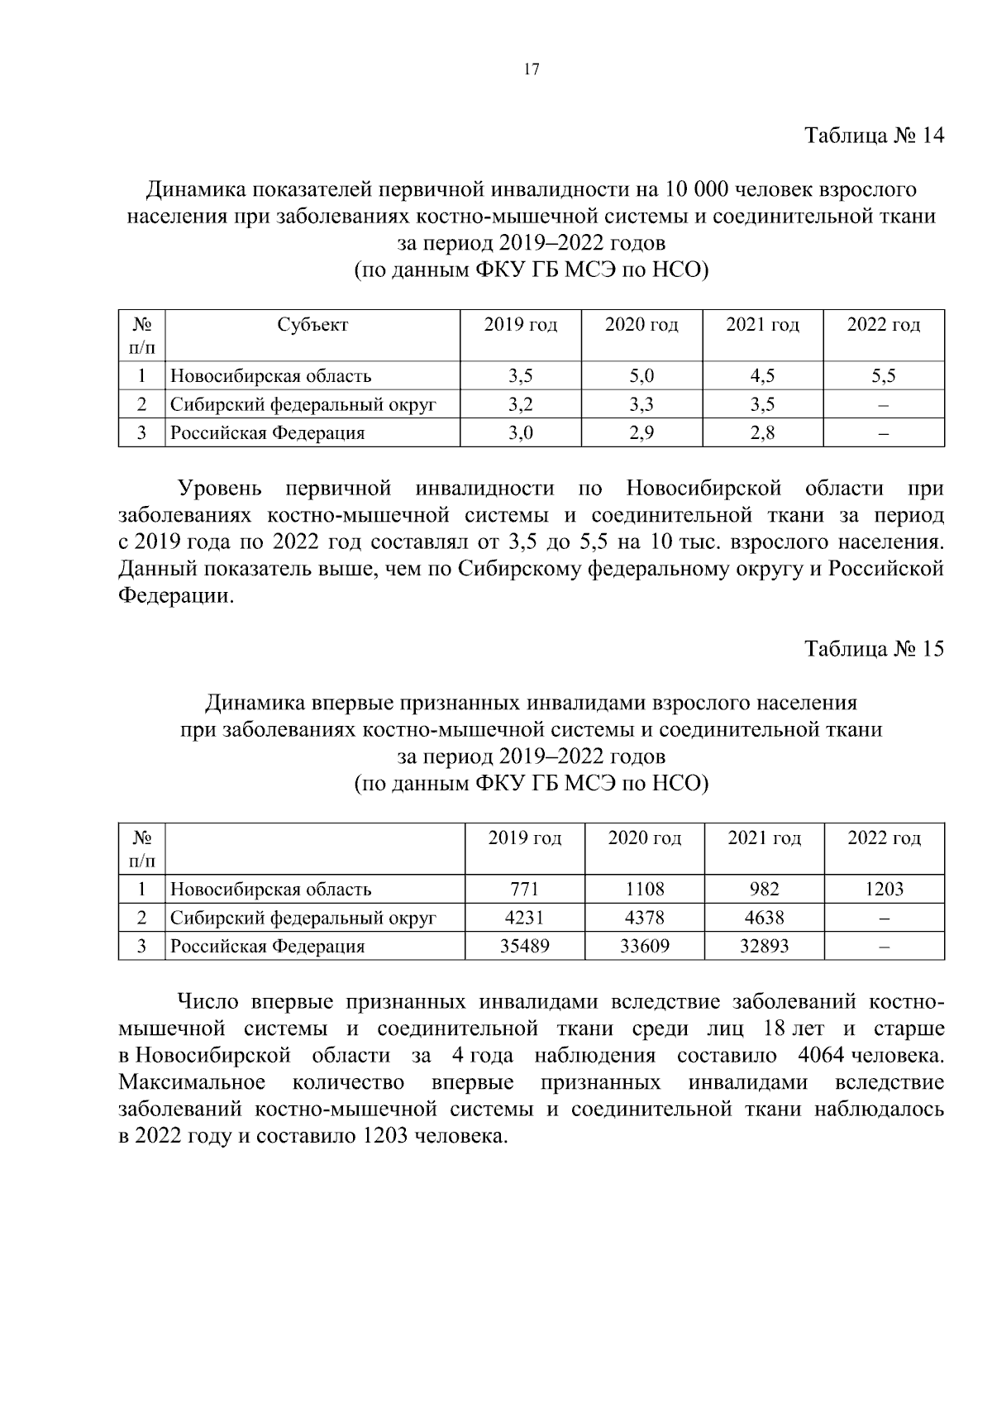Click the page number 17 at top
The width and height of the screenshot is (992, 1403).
[532, 69]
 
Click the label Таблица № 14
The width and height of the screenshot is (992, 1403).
[874, 136]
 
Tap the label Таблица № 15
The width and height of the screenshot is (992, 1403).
[874, 649]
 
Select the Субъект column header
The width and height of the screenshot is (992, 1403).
[312, 325]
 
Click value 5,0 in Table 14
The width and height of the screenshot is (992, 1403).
[641, 376]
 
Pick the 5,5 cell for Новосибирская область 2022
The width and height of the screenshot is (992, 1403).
[883, 376]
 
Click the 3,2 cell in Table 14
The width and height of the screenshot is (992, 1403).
[520, 405]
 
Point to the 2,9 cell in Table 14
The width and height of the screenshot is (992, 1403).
[641, 433]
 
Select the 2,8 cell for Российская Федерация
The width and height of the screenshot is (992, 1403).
[762, 433]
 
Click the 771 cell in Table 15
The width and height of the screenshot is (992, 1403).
[524, 890]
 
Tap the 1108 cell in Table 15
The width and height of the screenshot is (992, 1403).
[645, 890]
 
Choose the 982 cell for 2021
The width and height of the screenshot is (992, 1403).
[764, 890]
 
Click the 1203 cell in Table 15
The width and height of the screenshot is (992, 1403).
[884, 890]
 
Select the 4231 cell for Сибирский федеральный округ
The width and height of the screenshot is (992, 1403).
[524, 918]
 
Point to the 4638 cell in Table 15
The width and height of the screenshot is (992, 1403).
[764, 918]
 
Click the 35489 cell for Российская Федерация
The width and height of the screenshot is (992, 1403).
[524, 947]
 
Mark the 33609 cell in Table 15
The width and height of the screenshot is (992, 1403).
[645, 947]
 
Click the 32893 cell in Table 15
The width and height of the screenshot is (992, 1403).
[764, 947]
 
